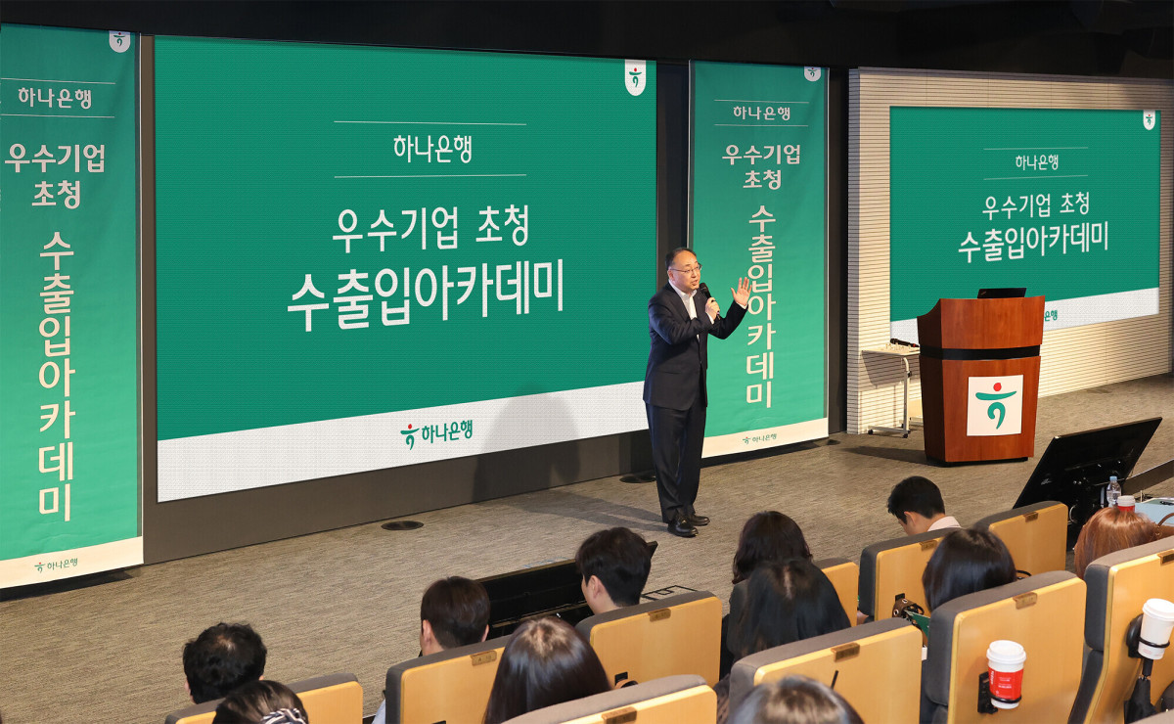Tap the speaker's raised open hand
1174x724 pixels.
pos(743,292)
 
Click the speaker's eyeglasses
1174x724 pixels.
pos(688,270)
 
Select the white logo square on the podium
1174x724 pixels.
pos(994,405)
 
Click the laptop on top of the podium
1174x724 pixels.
pos(1001,293)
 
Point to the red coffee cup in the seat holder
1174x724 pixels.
pos(1006,673)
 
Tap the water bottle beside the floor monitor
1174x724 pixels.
pos(1112,491)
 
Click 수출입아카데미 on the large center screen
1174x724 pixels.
pos(426,294)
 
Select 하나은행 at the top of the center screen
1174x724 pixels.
pos(432,149)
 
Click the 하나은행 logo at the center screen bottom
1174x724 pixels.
pos(436,433)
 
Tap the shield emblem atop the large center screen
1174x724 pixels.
pos(635,77)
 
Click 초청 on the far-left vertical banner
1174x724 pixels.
pos(56,194)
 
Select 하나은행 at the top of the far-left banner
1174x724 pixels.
pos(55,98)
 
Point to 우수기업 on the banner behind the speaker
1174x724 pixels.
pos(761,155)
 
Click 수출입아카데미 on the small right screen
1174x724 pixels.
pos(1033,243)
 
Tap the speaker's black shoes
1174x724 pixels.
pos(687,524)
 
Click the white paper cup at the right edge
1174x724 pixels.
pos(1156,629)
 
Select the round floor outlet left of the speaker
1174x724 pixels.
pos(402,524)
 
